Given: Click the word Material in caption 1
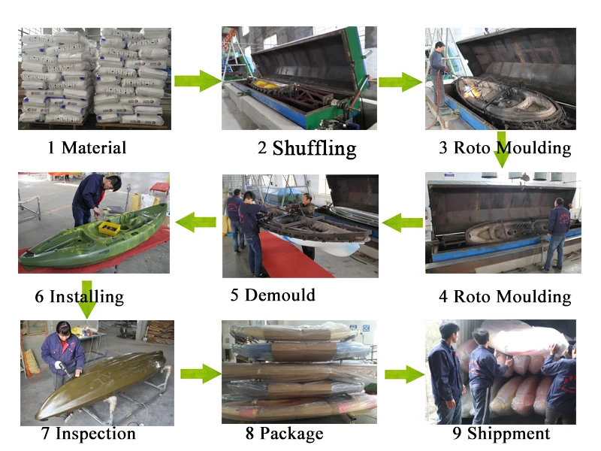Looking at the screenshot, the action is coord(94,147).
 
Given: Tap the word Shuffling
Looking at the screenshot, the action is coord(314,149).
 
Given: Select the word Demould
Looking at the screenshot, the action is coord(279,295).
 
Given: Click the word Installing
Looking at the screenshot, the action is coord(86,297).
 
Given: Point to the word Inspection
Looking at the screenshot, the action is coord(95,434).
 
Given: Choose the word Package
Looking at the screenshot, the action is coord(291,434).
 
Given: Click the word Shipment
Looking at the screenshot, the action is coord(509,434).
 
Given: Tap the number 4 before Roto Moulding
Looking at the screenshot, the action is coord(443,296).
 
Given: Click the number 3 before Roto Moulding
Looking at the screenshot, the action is coord(443,147).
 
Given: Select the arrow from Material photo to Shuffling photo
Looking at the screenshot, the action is coord(198,81).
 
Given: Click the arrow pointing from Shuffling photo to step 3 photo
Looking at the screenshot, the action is coord(400,82).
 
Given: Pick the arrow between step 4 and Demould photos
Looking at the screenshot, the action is coord(403,222).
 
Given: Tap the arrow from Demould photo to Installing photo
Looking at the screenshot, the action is coord(195,222).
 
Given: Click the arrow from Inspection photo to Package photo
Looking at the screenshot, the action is coord(201,374).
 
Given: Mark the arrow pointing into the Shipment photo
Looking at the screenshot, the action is coord(405,374).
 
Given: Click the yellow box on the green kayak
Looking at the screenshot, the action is coord(109,229).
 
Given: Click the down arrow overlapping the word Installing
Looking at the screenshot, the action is coord(87,299).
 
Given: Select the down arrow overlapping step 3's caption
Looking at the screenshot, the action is coord(501,150).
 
